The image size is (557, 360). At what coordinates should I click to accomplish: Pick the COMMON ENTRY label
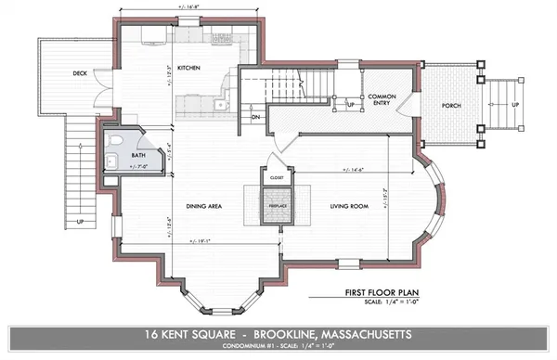(x=382, y=100)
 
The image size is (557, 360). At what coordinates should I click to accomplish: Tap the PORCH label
(x=452, y=106)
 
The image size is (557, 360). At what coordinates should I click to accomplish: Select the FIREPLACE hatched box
(x=276, y=204)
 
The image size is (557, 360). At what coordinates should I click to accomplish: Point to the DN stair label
(x=255, y=118)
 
